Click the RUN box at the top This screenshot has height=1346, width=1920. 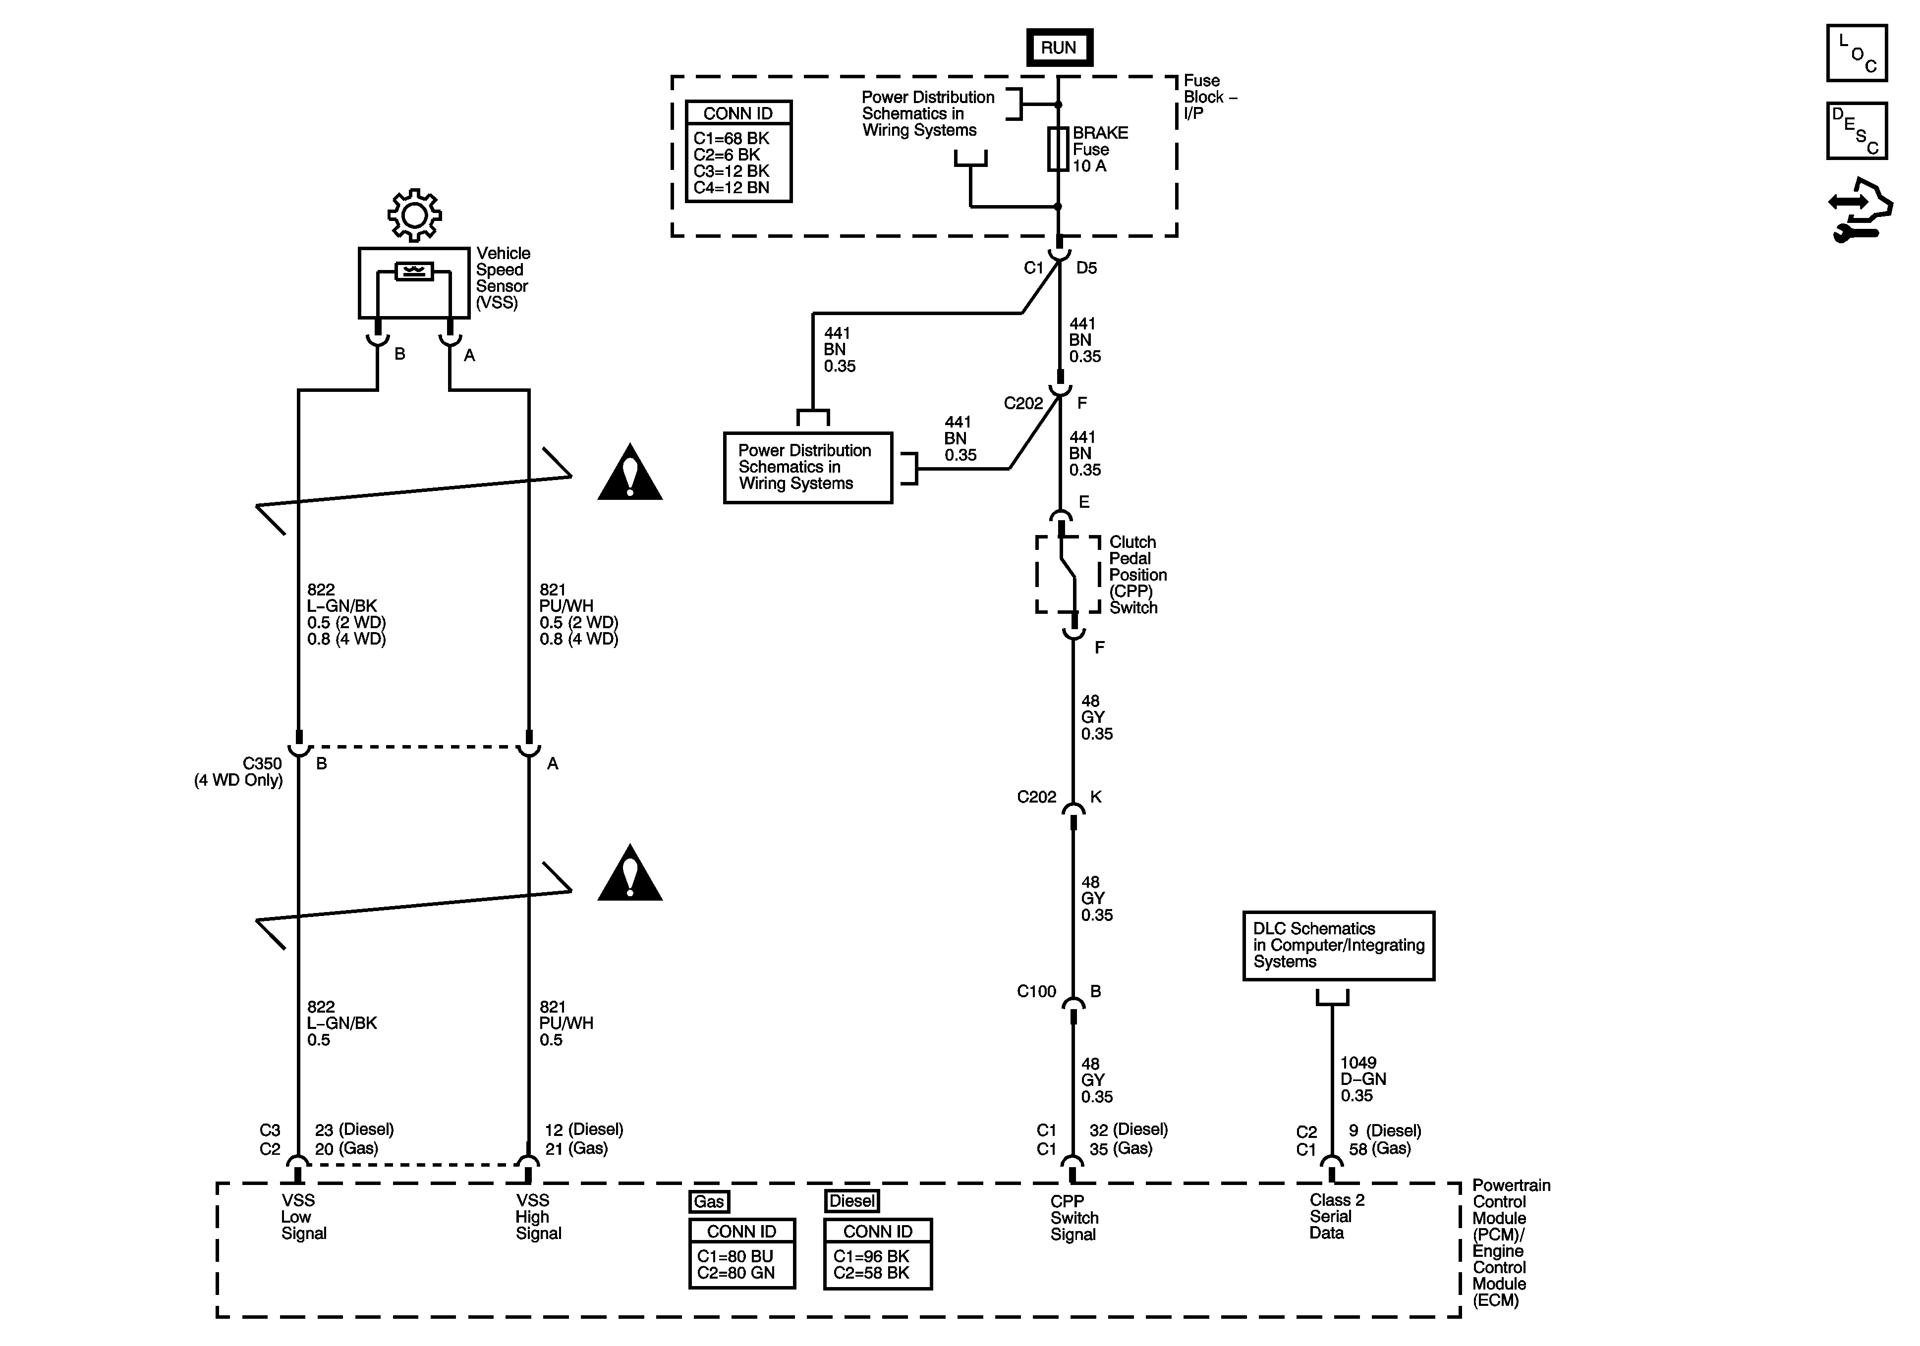point(1059,48)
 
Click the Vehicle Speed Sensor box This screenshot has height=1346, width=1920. point(414,282)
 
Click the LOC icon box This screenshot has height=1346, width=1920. point(1857,54)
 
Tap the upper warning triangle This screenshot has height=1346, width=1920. point(630,475)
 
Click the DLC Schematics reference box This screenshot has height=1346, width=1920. point(1338,946)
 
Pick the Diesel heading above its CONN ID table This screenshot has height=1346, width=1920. point(851,1201)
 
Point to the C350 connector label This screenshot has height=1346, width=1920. point(262,763)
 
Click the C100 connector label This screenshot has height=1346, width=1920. point(1036,991)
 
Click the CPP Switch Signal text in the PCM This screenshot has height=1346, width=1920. point(1073,1218)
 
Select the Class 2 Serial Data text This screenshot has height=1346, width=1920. point(1336,1216)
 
